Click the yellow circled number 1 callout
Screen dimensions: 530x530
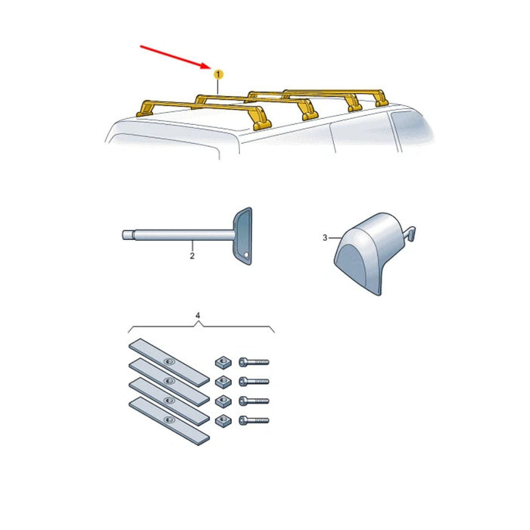[218, 74]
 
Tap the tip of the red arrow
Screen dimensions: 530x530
[211, 68]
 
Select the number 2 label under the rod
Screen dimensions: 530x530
[192, 256]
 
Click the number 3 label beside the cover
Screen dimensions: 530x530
[325, 238]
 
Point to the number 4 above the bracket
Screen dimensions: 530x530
[198, 316]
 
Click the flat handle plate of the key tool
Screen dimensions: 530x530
[243, 236]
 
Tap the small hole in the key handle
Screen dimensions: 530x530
[246, 254]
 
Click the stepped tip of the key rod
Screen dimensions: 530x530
[128, 235]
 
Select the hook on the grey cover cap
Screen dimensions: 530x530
[410, 233]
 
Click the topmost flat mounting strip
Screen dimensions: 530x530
[169, 363]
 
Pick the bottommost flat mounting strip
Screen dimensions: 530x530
[169, 421]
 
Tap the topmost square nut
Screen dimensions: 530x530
[223, 363]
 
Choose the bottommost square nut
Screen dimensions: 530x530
[223, 420]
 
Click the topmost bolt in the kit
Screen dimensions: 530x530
[254, 362]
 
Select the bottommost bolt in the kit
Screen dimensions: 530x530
[254, 420]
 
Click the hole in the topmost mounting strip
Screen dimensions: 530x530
[169, 362]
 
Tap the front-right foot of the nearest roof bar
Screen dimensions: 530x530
[261, 123]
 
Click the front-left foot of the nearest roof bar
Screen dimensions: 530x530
[145, 109]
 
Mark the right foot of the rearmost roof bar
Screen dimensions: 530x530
[381, 98]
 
